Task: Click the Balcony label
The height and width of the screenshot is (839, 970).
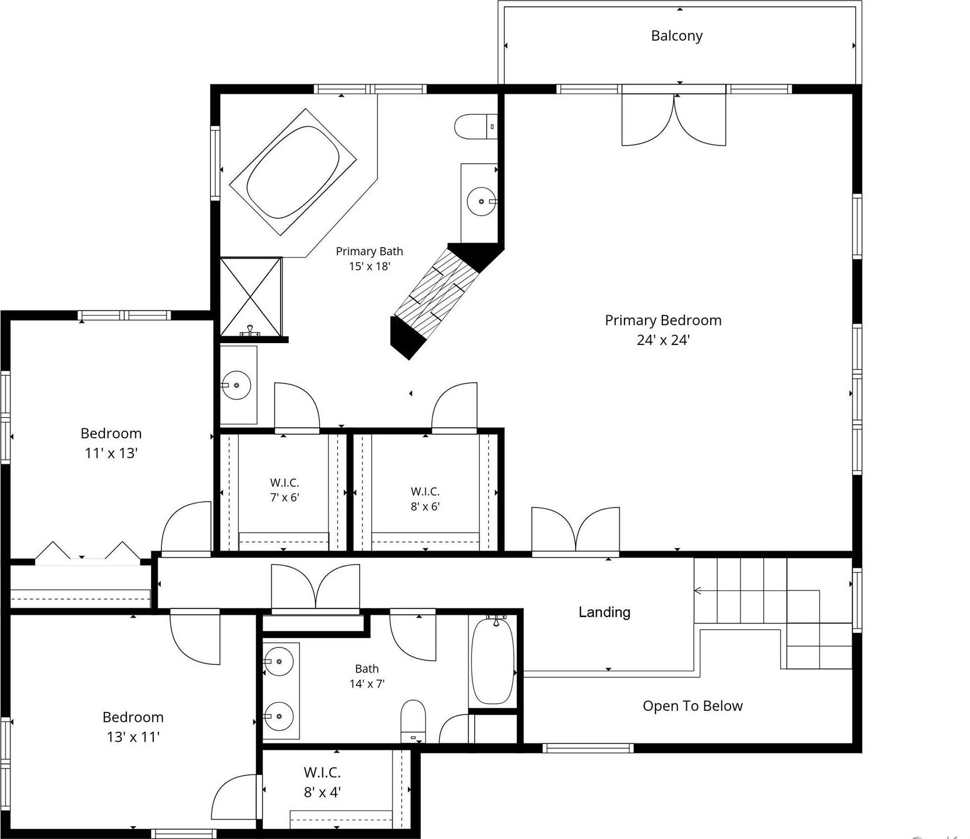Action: coord(676,36)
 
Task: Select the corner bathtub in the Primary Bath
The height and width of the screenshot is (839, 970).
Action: coord(292,172)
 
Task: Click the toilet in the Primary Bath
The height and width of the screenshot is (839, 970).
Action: coord(475,126)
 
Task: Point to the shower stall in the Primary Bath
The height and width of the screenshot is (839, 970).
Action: coord(251,297)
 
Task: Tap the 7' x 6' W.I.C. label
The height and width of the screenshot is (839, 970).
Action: coord(284,490)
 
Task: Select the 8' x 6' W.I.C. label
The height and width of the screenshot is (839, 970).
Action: coord(425,499)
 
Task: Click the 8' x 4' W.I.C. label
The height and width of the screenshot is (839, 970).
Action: coord(322,782)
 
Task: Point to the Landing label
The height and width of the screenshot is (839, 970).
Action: coord(604,612)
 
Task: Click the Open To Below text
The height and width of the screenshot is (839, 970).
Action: coord(693,706)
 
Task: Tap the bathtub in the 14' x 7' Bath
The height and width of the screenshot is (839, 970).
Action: coord(493,661)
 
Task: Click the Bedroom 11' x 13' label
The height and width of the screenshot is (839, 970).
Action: coord(111,443)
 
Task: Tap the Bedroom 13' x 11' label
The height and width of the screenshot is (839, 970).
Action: coord(133,727)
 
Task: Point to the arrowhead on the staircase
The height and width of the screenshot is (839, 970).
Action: coord(697,591)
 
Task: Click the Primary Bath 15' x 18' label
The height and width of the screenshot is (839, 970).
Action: coord(369,259)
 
